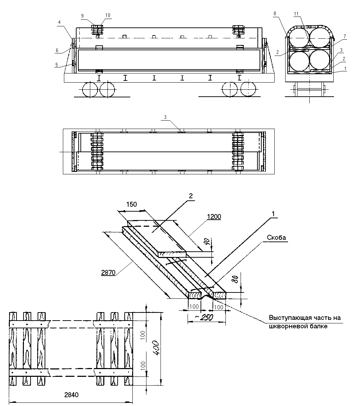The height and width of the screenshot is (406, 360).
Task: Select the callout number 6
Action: [57, 50]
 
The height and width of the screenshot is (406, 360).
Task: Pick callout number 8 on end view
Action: [275, 13]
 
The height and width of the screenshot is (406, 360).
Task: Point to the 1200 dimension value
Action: [214, 217]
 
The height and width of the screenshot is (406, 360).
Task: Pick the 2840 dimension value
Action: [71, 395]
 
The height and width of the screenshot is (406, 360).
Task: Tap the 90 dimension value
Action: [207, 242]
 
